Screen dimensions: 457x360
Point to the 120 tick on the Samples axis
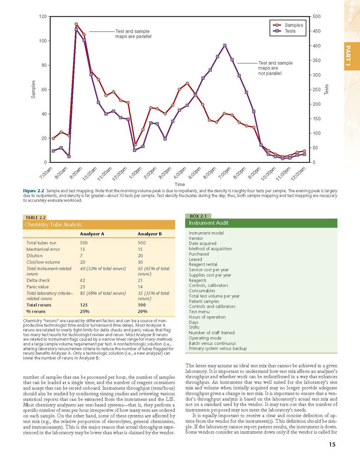point(43,17)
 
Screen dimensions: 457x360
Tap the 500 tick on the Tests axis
point(317,17)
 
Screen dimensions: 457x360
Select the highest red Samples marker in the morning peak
point(76,24)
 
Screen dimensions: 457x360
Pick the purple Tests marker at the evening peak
point(225,45)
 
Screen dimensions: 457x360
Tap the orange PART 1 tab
point(351,56)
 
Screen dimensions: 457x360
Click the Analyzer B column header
point(150,233)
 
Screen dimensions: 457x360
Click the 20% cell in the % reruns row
point(143,311)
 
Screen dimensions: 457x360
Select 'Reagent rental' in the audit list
point(203,264)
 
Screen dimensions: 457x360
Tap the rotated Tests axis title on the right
point(326,89)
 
